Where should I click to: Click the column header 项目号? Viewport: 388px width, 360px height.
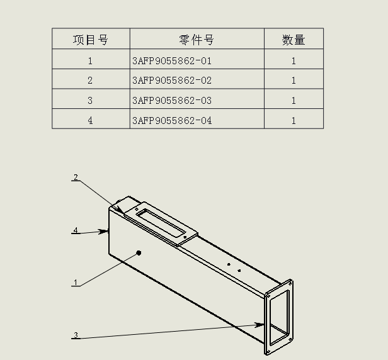tap(91, 40)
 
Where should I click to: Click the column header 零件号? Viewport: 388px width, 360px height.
tap(197, 40)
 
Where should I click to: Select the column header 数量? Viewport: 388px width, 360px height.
tap(294, 40)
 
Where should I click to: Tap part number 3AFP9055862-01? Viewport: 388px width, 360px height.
tap(172, 61)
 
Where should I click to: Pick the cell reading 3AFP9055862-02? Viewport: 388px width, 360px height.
tap(172, 81)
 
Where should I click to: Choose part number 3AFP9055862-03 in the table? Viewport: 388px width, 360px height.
tap(172, 101)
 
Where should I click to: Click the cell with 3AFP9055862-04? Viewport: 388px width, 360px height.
tap(172, 120)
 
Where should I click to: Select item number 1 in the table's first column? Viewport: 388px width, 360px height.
tap(91, 61)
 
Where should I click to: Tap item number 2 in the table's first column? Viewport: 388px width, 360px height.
tap(91, 81)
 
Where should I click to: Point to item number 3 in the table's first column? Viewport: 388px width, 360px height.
tap(91, 101)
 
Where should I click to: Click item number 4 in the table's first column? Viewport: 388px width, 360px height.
tap(91, 120)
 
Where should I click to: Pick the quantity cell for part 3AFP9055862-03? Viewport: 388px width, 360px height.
tap(294, 101)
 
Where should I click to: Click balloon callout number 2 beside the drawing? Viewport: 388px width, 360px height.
tap(76, 177)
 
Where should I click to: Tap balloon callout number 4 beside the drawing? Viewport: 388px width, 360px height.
tap(76, 230)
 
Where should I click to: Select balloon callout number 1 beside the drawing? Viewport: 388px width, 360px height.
tap(76, 283)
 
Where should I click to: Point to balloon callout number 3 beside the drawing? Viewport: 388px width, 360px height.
tap(76, 335)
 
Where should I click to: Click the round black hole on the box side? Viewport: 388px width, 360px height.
tap(139, 253)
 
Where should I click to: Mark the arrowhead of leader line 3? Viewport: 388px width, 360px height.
tap(261, 325)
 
